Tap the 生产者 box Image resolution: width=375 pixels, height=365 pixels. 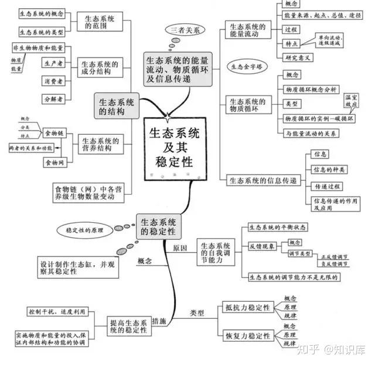click(53, 62)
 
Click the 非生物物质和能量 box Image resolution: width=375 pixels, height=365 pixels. click(38, 47)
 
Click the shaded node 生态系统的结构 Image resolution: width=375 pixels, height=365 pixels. click(117, 105)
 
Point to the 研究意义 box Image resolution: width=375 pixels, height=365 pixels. click(298, 57)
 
